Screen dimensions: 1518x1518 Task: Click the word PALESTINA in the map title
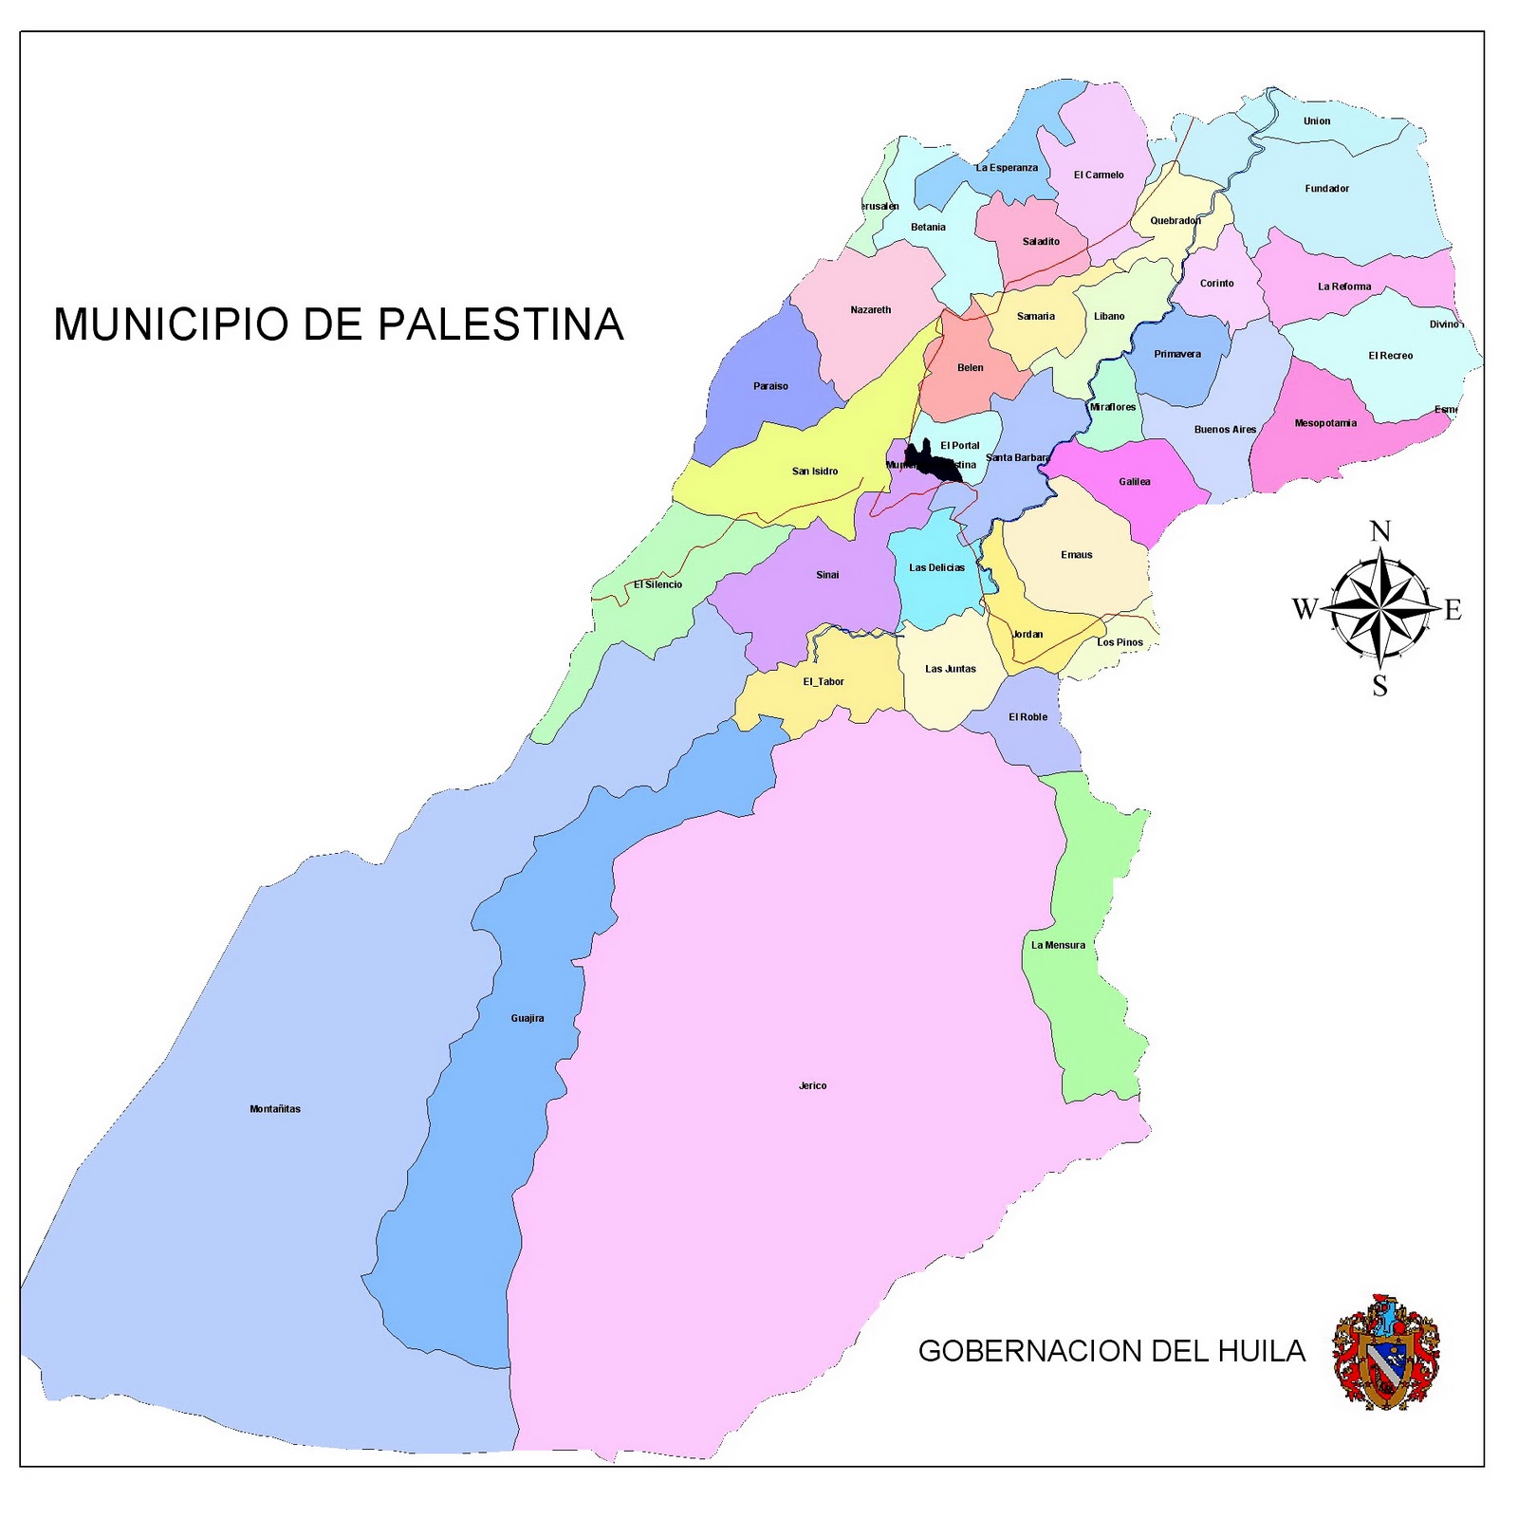point(501,324)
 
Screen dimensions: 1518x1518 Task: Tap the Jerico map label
point(812,1085)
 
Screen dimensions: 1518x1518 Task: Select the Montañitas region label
point(275,1109)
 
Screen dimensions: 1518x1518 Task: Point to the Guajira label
point(528,1018)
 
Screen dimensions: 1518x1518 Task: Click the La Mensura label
point(1058,945)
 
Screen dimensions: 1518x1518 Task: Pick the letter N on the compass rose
point(1380,531)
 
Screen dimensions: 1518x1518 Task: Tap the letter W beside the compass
point(1305,609)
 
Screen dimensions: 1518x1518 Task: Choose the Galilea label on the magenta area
point(1134,482)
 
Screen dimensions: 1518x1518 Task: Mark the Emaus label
point(1076,555)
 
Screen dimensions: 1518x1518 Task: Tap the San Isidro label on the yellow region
point(815,472)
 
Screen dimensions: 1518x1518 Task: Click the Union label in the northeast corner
point(1316,121)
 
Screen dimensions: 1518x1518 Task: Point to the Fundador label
point(1326,189)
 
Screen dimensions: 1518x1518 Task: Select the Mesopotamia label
point(1325,423)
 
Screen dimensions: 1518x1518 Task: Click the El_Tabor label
point(823,682)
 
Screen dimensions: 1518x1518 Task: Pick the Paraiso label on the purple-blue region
point(770,386)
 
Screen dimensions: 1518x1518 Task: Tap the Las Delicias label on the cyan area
point(936,568)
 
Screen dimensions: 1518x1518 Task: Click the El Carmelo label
point(1099,176)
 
